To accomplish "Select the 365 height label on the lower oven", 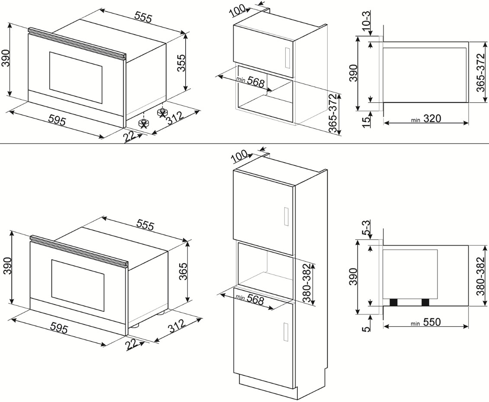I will pyautogui.click(x=183, y=272).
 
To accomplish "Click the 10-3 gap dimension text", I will pyautogui.click(x=366, y=21).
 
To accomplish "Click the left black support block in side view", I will pyautogui.click(x=394, y=302).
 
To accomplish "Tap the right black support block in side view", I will pyautogui.click(x=425, y=302).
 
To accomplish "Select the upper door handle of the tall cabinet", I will pyautogui.click(x=285, y=217).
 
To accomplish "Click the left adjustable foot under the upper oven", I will pyautogui.click(x=144, y=123).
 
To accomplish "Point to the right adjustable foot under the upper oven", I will pyautogui.click(x=162, y=112).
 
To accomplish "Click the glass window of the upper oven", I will pyautogui.click(x=76, y=78).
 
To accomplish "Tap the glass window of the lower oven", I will pyautogui.click(x=78, y=285).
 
